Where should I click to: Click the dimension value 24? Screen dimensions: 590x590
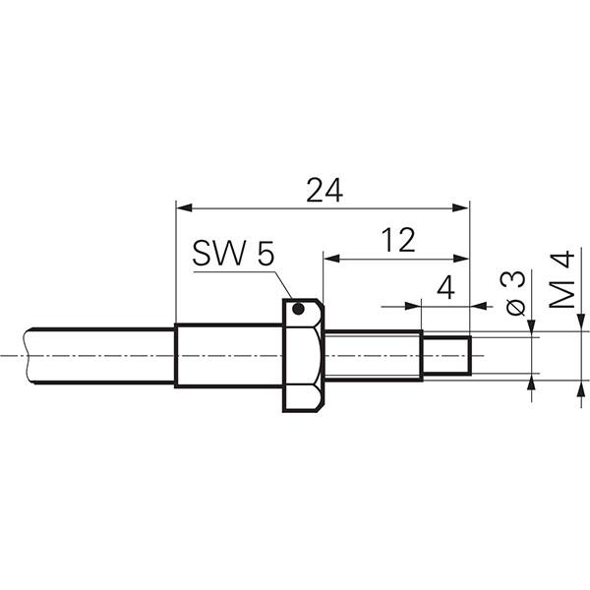(x=324, y=190)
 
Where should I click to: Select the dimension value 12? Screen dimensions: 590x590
(x=398, y=240)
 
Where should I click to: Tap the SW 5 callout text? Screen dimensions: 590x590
(x=233, y=253)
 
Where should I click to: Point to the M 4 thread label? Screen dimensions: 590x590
(x=562, y=279)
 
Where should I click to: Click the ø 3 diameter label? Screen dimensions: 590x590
(x=515, y=293)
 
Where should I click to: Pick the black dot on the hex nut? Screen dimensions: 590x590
(x=298, y=309)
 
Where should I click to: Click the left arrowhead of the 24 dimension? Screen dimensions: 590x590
(x=185, y=207)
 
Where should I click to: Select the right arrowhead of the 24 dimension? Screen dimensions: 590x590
(x=461, y=207)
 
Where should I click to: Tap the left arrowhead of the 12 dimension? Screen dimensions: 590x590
(x=332, y=259)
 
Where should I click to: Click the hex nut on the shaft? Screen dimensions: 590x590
(x=303, y=355)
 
